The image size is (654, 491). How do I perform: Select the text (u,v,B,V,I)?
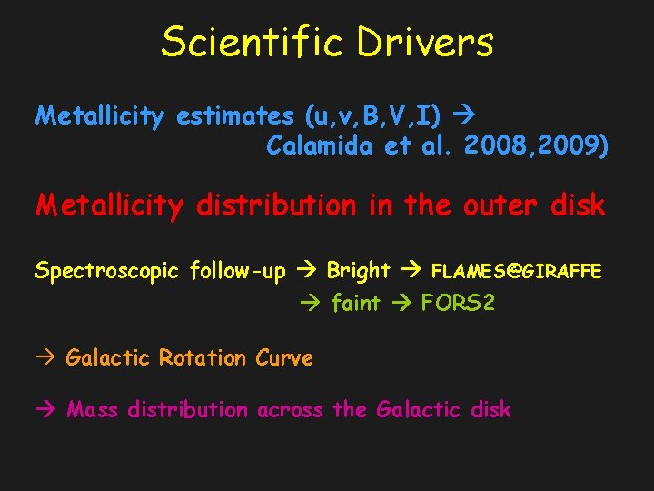coord(373,115)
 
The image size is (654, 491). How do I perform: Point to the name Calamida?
coord(321,145)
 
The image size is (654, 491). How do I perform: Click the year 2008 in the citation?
coord(495,145)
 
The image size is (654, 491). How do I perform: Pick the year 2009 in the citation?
coord(569,145)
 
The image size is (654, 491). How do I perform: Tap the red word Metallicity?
coord(109,205)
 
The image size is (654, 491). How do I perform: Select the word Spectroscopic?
coord(108,271)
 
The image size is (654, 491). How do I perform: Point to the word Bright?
coord(358,270)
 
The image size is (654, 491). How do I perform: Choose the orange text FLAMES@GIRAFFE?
coord(516,271)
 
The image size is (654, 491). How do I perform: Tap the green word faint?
coord(355,303)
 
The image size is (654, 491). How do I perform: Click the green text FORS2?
coord(459,303)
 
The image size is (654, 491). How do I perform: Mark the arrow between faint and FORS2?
coord(401,303)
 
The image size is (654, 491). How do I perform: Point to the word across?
coord(290,410)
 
